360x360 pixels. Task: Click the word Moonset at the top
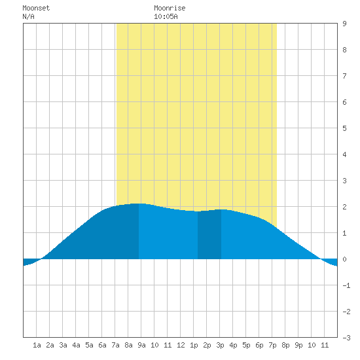point(36,8)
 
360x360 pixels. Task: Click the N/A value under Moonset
point(28,16)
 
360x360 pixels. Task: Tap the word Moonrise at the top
point(170,8)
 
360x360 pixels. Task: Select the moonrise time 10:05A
point(166,16)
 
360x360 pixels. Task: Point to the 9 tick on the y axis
point(344,24)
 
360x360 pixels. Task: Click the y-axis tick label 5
point(344,128)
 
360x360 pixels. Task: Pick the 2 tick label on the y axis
point(344,207)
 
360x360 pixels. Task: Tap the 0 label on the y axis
point(344,259)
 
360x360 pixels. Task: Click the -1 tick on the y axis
point(346,285)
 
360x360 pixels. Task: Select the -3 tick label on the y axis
point(346,338)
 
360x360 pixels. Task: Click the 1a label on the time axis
point(37,345)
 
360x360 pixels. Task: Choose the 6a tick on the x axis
point(102,345)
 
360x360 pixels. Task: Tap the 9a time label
point(141,345)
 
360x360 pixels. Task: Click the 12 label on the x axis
point(181,345)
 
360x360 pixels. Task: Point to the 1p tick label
point(194,345)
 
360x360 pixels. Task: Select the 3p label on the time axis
point(220,345)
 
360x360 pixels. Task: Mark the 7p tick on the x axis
point(272,345)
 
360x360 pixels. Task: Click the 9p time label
point(298,345)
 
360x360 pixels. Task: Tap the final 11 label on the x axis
point(325,345)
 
